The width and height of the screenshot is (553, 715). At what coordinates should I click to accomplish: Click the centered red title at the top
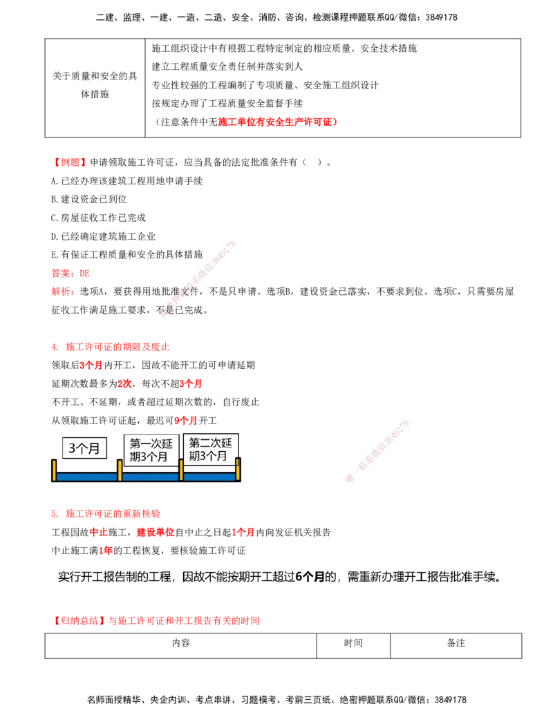point(276,122)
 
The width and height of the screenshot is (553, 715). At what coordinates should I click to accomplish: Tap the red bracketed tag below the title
point(71,163)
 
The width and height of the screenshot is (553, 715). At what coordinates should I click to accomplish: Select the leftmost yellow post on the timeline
point(54,470)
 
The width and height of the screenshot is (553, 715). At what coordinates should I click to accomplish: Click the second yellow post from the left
point(120,470)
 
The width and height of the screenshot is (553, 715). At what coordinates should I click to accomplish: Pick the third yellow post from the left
point(181,470)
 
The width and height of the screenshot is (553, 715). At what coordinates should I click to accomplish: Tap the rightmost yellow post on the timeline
point(238,469)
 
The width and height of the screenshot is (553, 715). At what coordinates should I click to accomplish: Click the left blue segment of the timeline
point(86,477)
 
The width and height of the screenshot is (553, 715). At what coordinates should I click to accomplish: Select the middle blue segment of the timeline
point(150,477)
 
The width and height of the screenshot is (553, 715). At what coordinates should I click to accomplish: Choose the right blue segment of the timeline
point(209,477)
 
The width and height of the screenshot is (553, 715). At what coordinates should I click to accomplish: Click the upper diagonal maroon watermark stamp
point(199,278)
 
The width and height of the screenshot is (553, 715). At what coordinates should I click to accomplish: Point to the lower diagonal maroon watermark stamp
point(377,450)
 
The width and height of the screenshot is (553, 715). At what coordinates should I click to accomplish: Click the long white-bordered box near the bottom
point(283,575)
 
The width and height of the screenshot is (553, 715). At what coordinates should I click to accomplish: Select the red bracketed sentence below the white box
point(158,622)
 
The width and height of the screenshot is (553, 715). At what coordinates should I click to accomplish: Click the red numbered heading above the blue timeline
point(111,347)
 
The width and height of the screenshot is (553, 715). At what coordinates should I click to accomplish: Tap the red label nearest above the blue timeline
point(185,420)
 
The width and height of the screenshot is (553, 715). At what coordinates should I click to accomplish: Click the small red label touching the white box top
point(106,551)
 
